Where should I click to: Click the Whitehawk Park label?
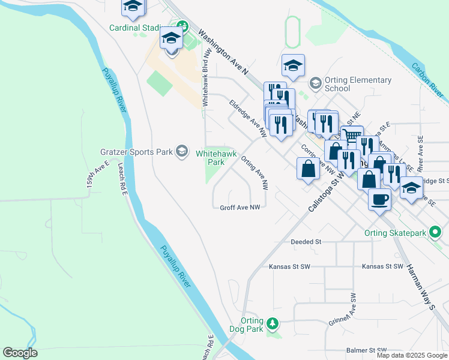[x=211, y=158]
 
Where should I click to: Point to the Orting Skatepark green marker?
[x=436, y=232]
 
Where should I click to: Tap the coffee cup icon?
[x=379, y=199]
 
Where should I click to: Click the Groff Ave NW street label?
[x=240, y=207]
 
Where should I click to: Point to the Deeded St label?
[x=306, y=242]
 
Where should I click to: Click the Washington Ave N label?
[x=223, y=52]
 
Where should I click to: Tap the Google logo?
[x=20, y=353]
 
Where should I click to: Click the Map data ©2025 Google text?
[x=412, y=355]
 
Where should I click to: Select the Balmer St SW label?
[x=366, y=350]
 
